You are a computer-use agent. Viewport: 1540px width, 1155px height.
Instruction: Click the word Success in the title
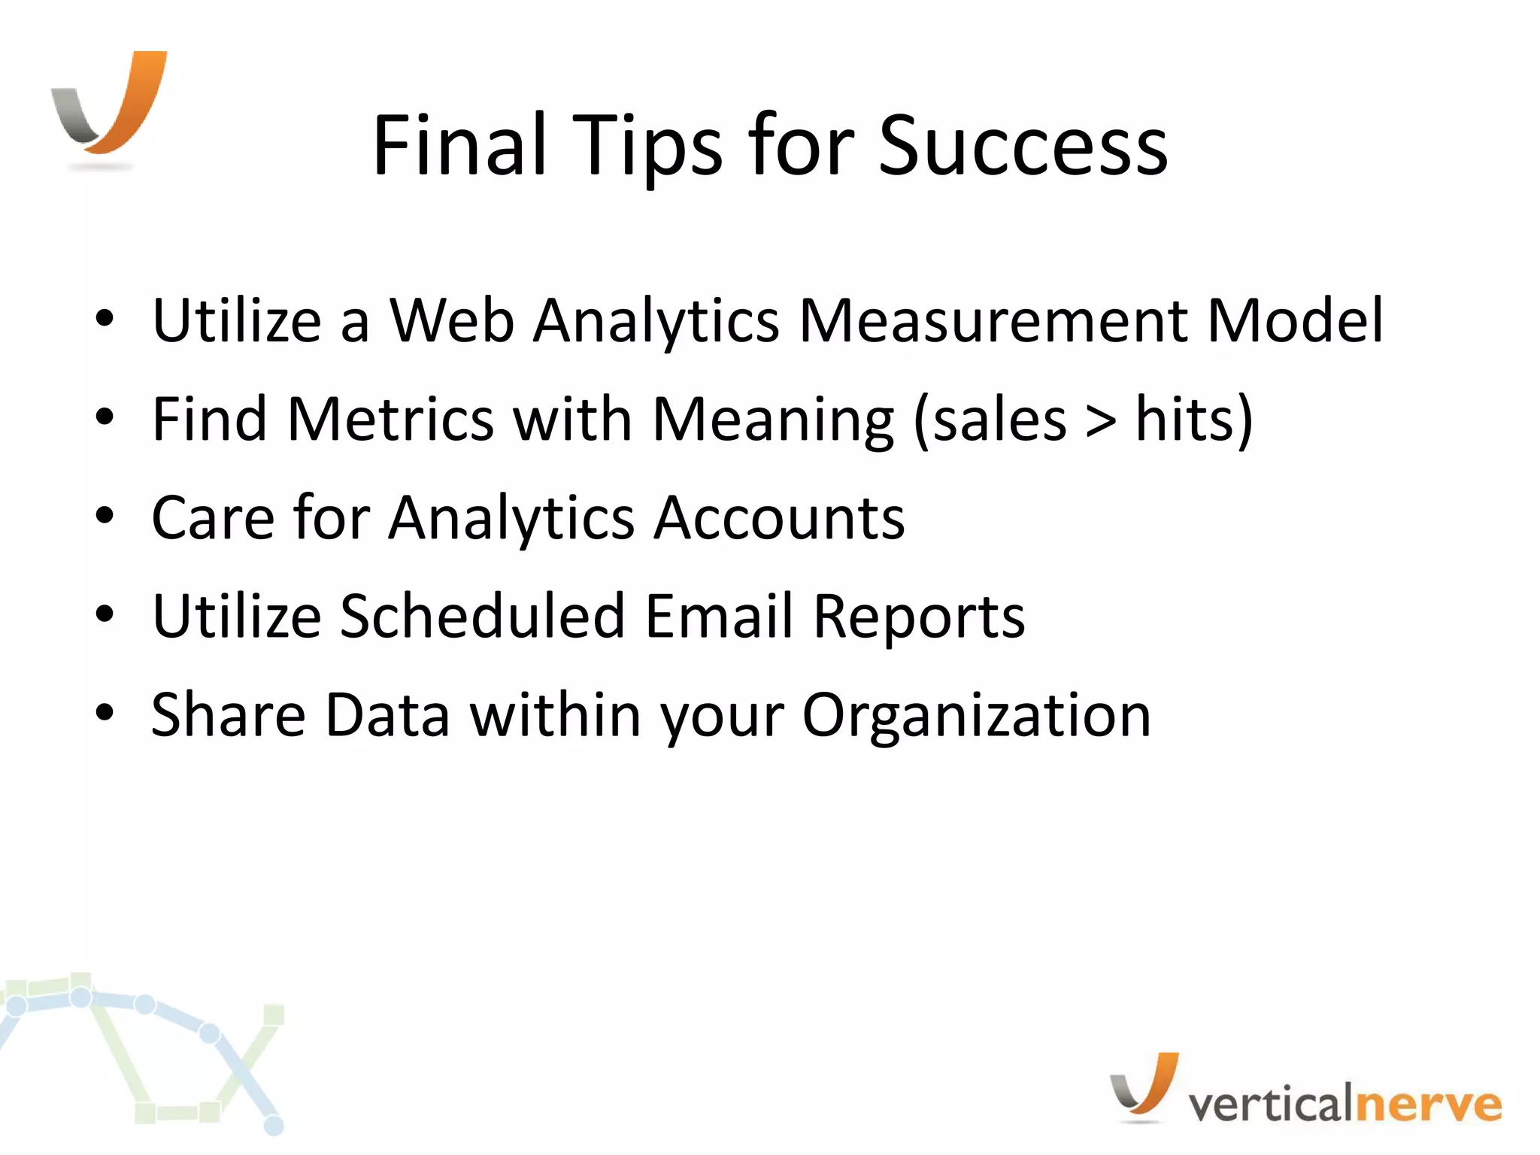coord(1023,147)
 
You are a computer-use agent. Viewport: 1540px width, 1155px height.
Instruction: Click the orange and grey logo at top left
coord(110,105)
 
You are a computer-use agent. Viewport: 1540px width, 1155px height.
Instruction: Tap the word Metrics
coord(390,420)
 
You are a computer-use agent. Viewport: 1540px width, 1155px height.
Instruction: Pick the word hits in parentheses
coord(1184,420)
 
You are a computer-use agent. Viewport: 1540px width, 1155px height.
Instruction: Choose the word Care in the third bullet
coord(214,518)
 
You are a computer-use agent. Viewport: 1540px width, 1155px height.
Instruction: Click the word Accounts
coord(779,518)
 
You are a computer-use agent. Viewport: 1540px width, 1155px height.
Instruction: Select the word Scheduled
coord(482,617)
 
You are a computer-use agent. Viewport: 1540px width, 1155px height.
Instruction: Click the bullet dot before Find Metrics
coord(105,418)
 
